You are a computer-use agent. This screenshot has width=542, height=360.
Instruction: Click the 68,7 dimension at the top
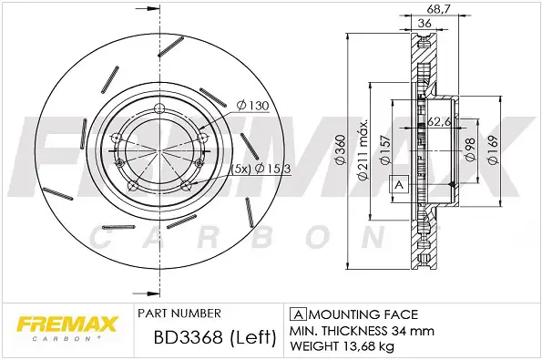(x=440, y=9)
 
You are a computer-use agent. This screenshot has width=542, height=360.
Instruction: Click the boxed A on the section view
(x=398, y=185)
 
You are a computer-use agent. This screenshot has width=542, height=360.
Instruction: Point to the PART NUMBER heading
(x=178, y=311)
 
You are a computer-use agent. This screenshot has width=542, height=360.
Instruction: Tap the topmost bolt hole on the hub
(x=160, y=111)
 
